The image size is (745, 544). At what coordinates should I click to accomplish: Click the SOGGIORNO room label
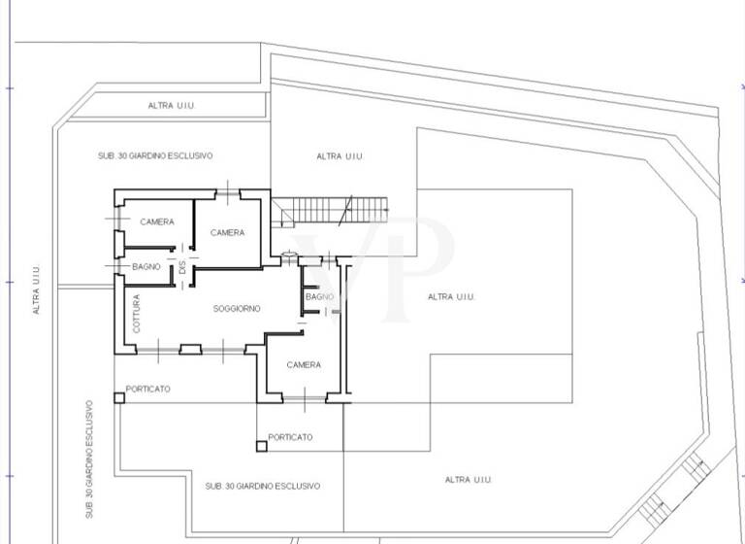tap(237, 309)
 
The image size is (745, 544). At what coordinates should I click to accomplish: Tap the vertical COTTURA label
tap(137, 314)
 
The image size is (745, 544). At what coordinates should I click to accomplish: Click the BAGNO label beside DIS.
tap(146, 267)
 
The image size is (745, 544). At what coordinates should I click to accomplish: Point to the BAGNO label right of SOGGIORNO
tap(318, 296)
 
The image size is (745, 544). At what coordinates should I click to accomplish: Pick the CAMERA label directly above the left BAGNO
tap(157, 222)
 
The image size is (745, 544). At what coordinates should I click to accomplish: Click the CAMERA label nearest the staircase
tap(227, 233)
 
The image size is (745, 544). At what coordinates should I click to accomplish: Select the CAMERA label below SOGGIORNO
tap(304, 365)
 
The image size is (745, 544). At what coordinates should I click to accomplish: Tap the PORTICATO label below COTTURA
tap(147, 390)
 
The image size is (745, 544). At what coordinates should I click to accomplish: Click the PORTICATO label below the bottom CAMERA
tap(290, 438)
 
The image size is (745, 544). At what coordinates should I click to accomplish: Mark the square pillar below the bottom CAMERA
tap(260, 446)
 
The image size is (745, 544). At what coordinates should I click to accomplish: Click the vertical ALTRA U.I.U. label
tap(37, 290)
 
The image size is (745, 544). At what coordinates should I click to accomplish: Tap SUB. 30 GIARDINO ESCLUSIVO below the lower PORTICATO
tap(262, 486)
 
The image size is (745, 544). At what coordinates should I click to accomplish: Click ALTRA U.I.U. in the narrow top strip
tap(172, 105)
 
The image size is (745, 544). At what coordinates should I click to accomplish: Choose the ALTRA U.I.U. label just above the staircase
tap(340, 156)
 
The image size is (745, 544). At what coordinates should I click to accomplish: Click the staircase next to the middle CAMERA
tap(330, 209)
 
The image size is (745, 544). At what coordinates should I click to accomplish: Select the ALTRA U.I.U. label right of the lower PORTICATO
tap(469, 480)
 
